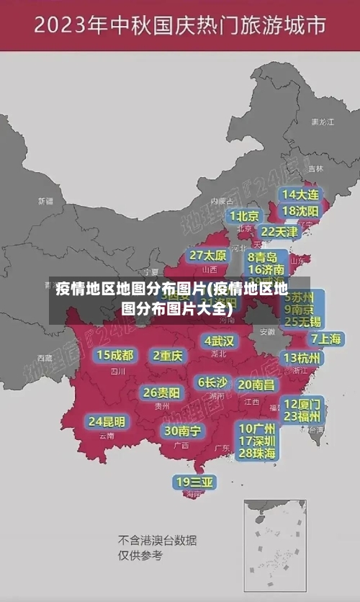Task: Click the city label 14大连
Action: tap(300, 195)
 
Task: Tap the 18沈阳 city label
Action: tap(300, 211)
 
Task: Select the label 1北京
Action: tap(244, 216)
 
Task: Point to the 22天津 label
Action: tap(279, 232)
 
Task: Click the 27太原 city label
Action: tap(208, 256)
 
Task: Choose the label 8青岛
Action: tap(263, 257)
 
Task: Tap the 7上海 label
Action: tap(325, 338)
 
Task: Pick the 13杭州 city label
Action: tap(302, 358)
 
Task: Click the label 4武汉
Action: tap(219, 341)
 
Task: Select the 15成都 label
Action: tap(115, 355)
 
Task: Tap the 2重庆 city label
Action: tap(168, 355)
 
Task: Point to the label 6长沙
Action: tap(212, 382)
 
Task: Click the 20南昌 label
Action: tap(256, 385)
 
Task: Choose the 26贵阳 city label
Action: tap(161, 393)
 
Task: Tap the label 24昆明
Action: tap(107, 421)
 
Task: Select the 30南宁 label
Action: tap(182, 431)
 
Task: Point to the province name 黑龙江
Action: tap(323, 122)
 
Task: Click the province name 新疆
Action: tap(46, 201)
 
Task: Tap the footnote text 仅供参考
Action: tap(140, 556)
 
